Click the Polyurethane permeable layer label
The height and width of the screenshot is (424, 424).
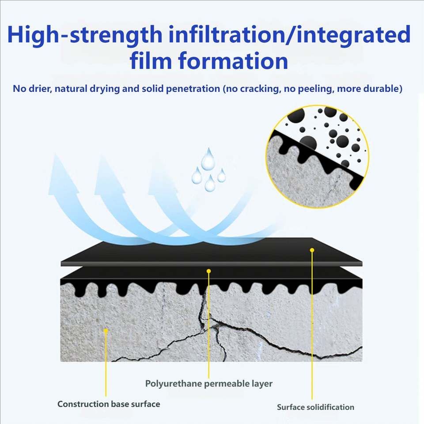click(209, 383)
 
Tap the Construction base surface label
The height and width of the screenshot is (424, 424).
click(109, 404)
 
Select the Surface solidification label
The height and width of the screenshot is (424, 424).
click(315, 407)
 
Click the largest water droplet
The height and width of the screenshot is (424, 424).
click(208, 159)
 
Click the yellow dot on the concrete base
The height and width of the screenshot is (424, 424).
click(106, 331)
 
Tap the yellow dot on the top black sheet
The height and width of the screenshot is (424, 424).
click(312, 250)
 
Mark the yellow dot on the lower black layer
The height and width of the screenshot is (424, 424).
click(208, 271)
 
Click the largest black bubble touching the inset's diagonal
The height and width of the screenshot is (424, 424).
click(308, 143)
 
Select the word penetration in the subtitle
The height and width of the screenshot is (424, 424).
click(193, 89)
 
